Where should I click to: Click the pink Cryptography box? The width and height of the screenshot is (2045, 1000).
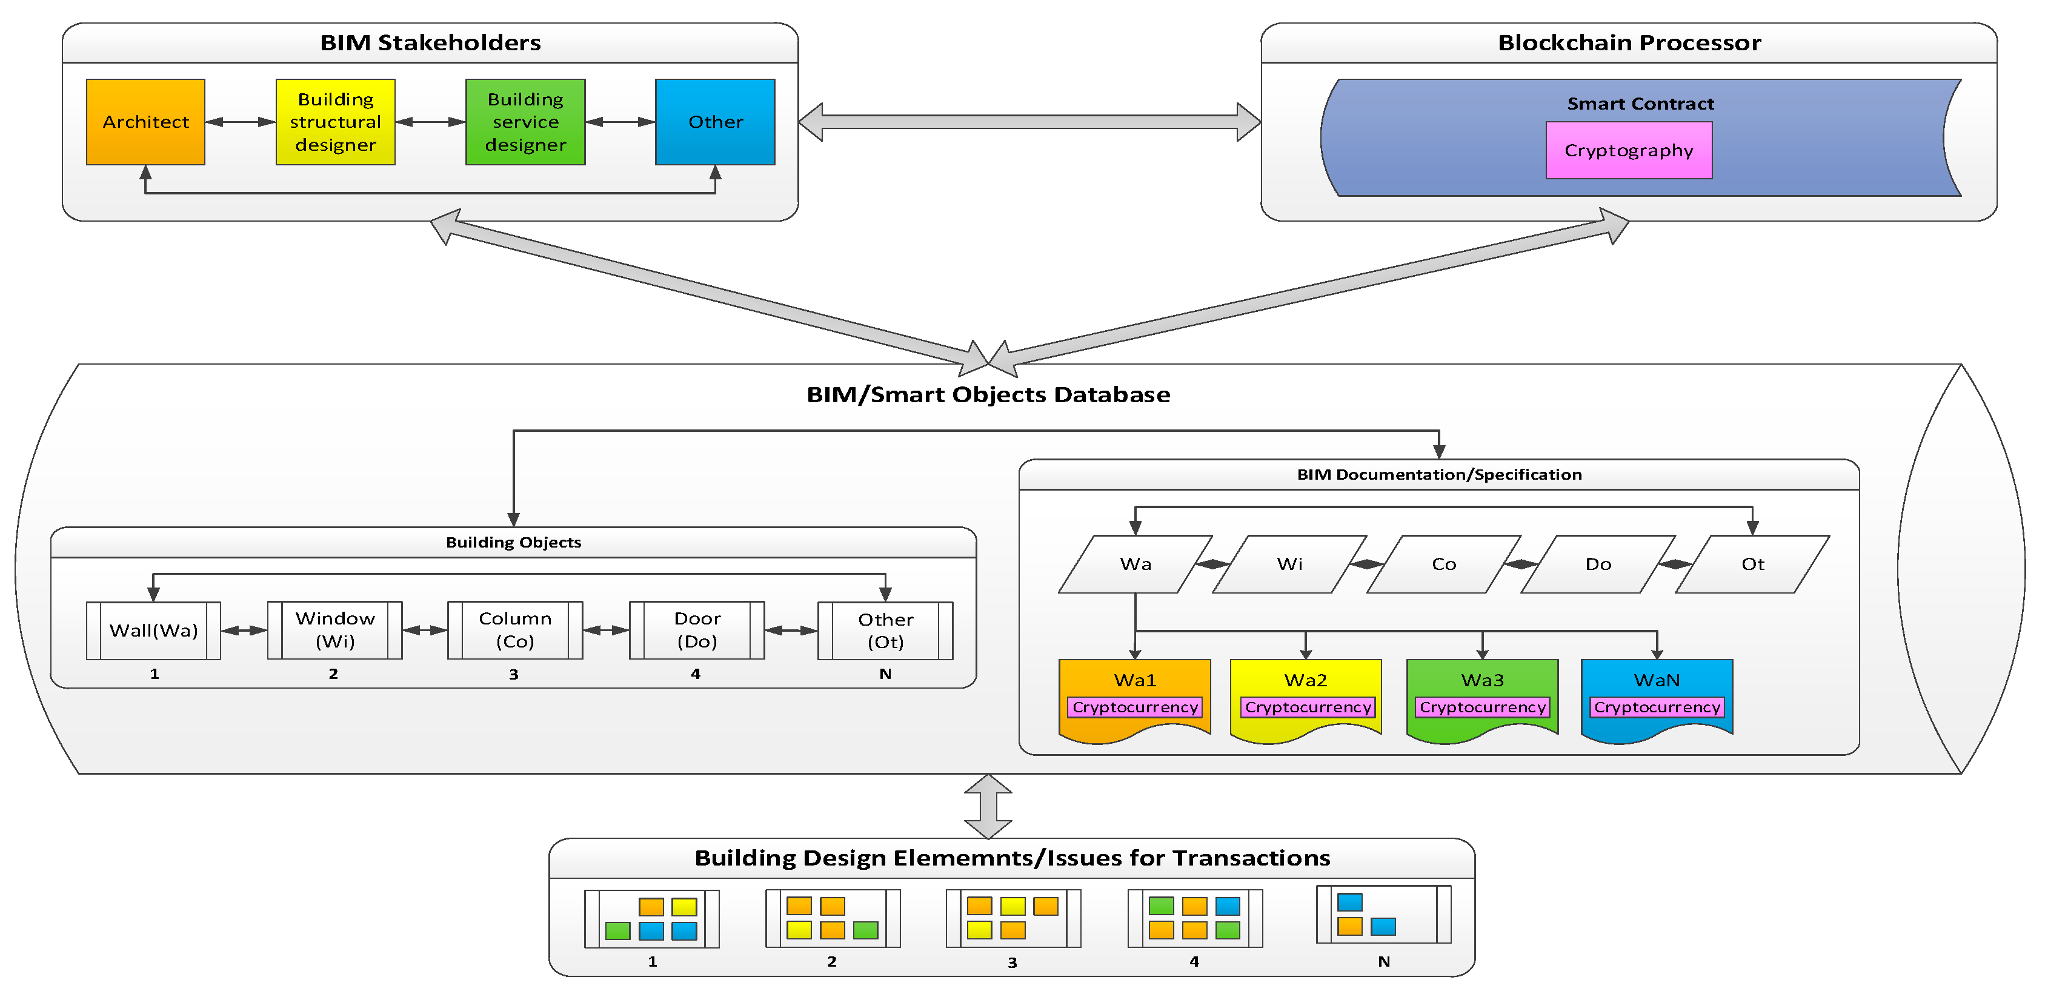pos(1628,150)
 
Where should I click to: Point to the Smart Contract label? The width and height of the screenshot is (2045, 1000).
pos(1640,103)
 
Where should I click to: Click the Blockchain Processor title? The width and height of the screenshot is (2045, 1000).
pos(1629,43)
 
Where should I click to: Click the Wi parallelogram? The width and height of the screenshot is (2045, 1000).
pos(1289,565)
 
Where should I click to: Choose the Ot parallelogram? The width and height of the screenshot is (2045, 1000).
pos(1752,565)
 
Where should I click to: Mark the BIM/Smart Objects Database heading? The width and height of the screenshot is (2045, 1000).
pos(988,394)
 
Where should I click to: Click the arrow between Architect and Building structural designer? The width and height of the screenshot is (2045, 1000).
pos(240,122)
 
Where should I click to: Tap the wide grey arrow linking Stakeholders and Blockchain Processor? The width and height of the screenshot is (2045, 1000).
pos(1029,122)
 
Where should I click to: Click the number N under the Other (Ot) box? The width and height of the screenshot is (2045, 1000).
pos(885,674)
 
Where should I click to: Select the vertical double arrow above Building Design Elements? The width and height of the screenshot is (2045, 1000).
pos(988,806)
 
